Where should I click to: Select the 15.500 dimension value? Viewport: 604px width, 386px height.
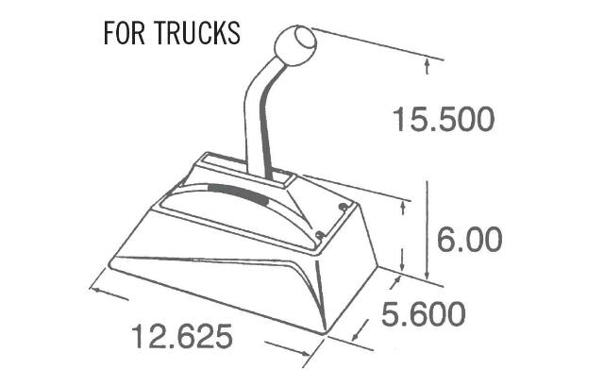pos(443,121)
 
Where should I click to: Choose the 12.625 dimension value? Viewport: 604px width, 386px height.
pos(181,335)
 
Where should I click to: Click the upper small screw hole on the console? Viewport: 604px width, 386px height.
pos(343,207)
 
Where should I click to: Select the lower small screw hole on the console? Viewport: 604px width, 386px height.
pos(321,233)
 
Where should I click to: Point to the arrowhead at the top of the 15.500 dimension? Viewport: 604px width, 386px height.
pos(428,64)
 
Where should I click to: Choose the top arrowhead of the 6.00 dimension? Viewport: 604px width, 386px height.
pos(405,202)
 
